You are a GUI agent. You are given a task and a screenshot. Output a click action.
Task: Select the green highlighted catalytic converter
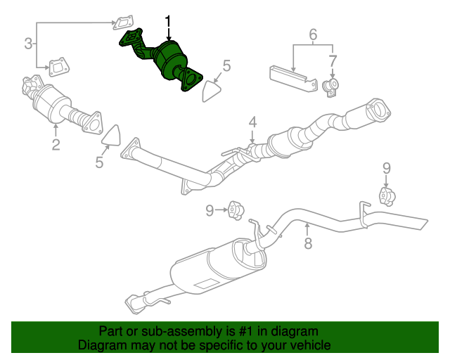coord(169,59)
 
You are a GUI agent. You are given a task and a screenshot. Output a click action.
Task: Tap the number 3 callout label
coord(28,44)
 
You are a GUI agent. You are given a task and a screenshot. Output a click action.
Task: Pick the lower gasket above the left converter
coord(57,68)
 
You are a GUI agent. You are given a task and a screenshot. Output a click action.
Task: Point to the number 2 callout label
coord(56,146)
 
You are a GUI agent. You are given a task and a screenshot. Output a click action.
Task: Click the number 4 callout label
coord(252,122)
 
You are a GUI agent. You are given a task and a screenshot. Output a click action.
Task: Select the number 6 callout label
coord(313,34)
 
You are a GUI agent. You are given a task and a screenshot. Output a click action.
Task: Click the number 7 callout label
coord(333,60)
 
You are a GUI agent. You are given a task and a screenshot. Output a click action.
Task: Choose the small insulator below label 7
coord(330,87)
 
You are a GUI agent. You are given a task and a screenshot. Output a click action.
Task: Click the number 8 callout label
coord(307,244)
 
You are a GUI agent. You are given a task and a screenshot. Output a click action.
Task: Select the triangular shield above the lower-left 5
coord(112,136)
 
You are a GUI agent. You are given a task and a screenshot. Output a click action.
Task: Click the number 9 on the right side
coord(385,167)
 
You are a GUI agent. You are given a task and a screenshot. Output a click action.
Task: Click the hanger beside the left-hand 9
coord(236,210)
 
